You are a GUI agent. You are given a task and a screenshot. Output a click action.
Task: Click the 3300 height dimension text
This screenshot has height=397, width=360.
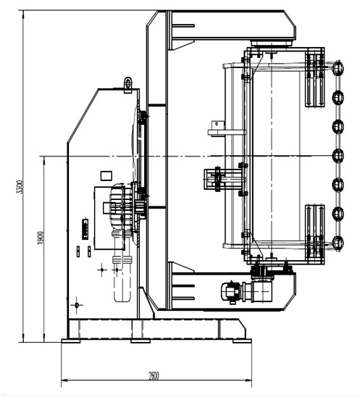point(20,187)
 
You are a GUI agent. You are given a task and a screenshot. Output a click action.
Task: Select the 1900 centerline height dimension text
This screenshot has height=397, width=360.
point(41,238)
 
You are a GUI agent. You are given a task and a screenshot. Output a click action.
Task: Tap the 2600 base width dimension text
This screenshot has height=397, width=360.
point(154,375)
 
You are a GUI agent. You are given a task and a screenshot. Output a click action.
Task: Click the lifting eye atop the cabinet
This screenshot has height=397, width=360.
point(128,83)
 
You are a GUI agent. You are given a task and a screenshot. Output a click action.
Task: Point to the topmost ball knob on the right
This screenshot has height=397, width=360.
point(338,67)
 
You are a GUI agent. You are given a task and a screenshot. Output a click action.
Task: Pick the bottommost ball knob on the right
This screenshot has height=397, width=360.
point(338,243)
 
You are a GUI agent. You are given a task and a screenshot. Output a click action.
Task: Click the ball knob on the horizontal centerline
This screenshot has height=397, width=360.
point(338,156)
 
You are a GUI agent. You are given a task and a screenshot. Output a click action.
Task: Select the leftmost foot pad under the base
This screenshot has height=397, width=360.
point(71,340)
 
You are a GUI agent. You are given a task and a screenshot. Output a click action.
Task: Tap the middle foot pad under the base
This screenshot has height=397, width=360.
point(141,340)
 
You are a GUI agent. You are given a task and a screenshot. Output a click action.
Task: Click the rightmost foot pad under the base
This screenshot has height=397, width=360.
point(242,340)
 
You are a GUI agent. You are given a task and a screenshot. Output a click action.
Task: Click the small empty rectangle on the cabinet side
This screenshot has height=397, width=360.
point(106,176)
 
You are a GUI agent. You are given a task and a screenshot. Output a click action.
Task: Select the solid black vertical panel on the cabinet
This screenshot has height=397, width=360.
point(85,229)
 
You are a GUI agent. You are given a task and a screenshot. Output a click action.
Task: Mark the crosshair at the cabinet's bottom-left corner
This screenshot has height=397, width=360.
point(77,305)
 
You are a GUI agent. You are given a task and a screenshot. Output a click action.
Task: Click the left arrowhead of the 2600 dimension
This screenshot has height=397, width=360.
point(64,380)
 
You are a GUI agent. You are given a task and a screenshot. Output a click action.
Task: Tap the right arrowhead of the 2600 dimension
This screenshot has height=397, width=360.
point(248,380)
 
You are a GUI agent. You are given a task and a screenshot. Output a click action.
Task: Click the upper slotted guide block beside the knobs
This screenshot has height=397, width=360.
point(314,80)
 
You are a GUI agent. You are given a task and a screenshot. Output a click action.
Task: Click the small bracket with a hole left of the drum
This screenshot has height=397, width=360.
point(218,125)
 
